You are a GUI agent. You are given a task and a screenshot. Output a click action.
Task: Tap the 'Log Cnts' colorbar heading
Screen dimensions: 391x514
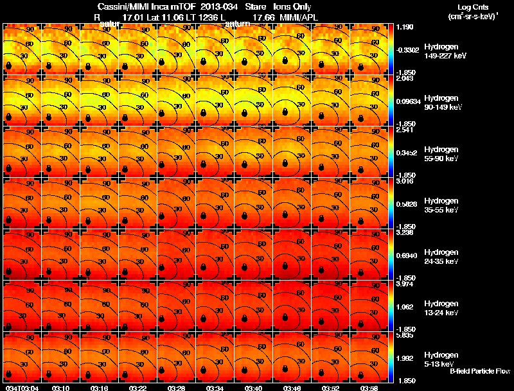coord(475,6)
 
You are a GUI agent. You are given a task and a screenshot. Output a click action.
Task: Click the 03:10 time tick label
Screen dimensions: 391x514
coord(62,388)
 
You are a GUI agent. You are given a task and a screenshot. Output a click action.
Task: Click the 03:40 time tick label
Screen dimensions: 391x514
coord(254,388)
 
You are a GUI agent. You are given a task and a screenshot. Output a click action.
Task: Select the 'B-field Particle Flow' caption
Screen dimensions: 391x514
coord(479,371)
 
